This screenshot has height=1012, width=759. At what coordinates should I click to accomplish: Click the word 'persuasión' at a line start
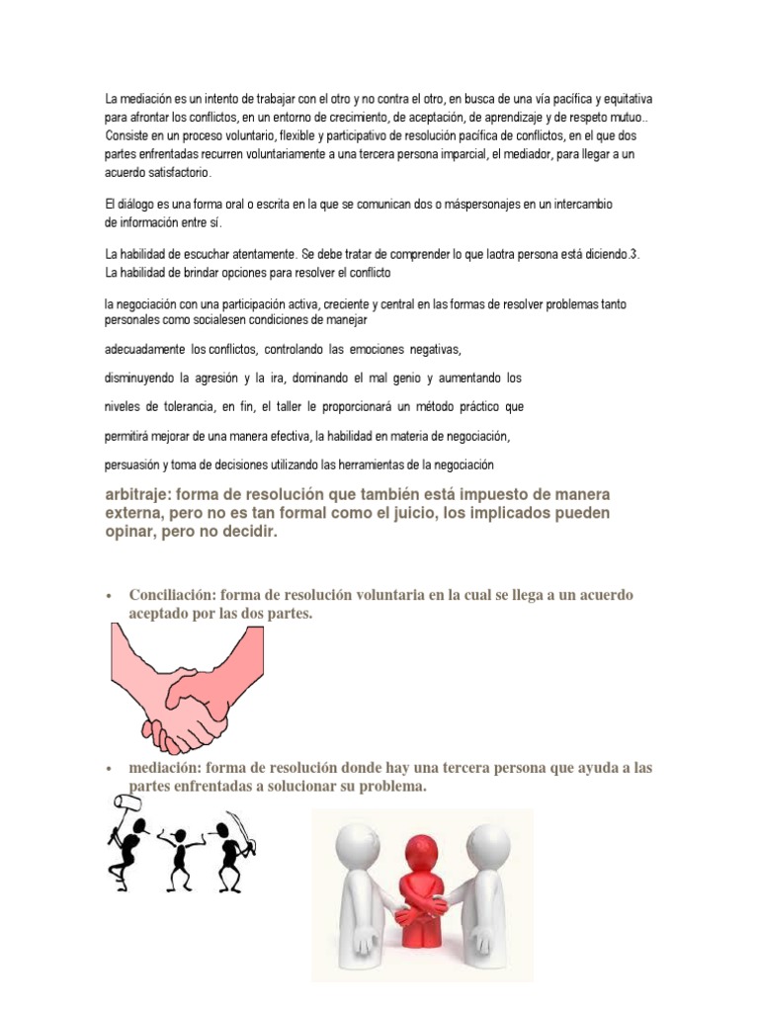(x=133, y=464)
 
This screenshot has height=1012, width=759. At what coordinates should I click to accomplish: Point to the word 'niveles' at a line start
(x=124, y=407)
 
